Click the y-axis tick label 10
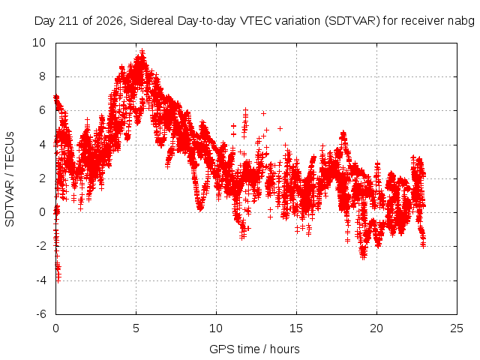coord(38,43)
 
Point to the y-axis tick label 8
coord(42,76)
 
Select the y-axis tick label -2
coord(40,246)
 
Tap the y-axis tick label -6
coord(40,314)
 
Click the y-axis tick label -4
coord(40,280)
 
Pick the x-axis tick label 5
coord(136,328)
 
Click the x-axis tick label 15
coord(296,328)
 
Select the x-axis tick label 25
coord(457,328)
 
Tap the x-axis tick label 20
coord(376,328)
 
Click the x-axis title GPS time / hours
coord(254,349)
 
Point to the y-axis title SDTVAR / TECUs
coord(10,179)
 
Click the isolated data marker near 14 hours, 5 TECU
coord(280,128)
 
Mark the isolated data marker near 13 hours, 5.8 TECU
coord(263,113)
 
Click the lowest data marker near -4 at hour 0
coord(58,280)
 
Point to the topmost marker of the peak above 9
coord(142,51)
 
